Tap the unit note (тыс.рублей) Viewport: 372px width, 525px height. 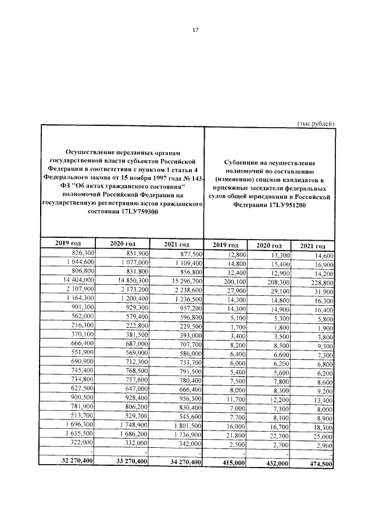tap(316, 123)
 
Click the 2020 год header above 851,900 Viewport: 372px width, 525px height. tap(122, 244)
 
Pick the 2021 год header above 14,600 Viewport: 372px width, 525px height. tap(313, 245)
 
